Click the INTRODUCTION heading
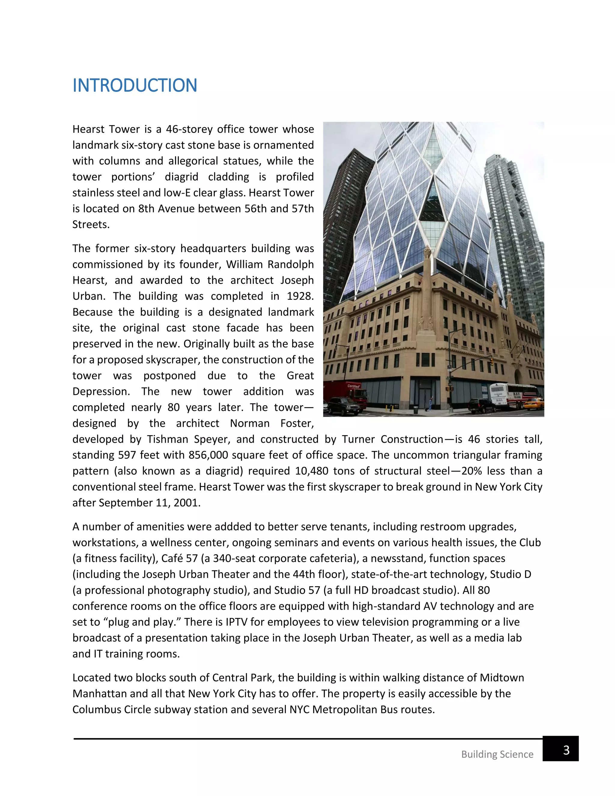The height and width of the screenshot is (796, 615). [x=135, y=86]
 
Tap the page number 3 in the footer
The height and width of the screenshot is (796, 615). [x=566, y=750]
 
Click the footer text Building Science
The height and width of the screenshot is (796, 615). [x=497, y=754]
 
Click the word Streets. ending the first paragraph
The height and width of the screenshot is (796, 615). [x=91, y=224]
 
